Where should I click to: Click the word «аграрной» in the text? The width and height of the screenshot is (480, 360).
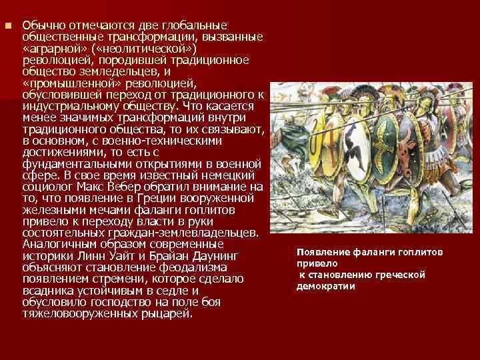point(55,49)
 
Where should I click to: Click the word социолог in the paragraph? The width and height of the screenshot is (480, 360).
point(47,187)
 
